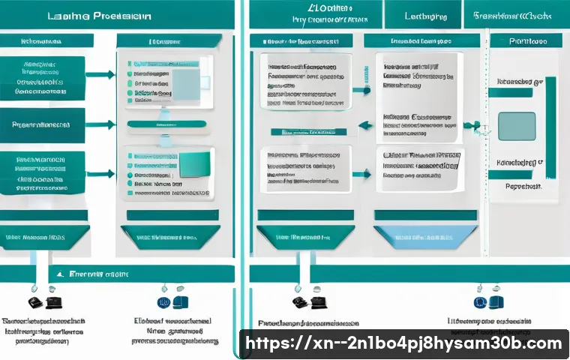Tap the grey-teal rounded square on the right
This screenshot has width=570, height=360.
coord(517,126)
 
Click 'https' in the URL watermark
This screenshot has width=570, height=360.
coord(267,344)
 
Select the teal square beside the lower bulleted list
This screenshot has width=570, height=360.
coord(196,161)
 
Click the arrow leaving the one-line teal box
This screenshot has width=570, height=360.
coord(100,124)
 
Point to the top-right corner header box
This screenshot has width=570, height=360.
coord(518,14)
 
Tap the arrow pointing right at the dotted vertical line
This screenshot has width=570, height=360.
coord(470,124)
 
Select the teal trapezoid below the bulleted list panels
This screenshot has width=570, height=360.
coord(169,237)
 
